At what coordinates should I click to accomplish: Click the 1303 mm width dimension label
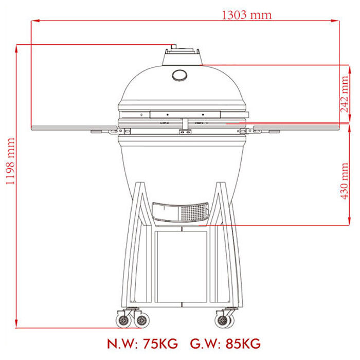246,15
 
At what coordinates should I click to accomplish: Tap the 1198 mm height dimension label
10,161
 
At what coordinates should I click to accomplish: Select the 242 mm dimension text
345,94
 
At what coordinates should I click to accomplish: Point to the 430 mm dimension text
345,181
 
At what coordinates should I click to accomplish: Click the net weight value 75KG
160,344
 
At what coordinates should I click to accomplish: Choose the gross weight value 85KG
243,344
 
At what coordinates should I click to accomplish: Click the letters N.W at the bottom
122,344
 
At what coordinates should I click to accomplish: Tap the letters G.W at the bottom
205,344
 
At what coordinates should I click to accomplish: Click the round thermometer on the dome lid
179,75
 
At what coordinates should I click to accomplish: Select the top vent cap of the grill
182,56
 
